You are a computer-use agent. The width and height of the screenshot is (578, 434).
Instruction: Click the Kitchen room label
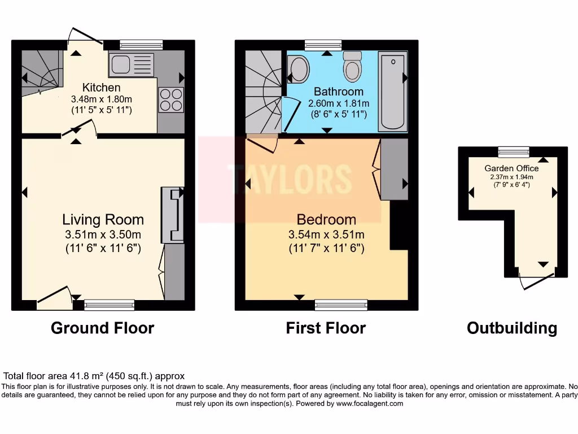tap(102, 88)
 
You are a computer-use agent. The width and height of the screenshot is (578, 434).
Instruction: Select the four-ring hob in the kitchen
tap(171, 100)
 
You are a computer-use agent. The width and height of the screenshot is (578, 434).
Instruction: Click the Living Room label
tap(103, 220)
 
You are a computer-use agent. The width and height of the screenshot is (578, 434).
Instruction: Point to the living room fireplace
tap(172, 215)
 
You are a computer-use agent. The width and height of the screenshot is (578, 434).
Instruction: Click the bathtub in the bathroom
tap(392, 92)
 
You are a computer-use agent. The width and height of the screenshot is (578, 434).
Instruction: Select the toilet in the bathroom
tap(353, 67)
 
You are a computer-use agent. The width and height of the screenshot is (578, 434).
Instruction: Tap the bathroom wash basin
tap(298, 70)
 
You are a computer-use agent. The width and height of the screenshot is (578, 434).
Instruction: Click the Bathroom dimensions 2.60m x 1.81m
tap(339, 104)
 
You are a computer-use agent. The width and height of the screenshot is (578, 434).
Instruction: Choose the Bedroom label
tap(326, 220)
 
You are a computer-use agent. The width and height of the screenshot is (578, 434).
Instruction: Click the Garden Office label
tap(511, 168)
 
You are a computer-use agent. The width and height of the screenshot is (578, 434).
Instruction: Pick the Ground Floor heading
tap(102, 328)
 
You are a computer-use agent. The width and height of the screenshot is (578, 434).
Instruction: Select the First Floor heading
tap(326, 328)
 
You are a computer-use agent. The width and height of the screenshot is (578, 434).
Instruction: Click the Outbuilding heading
tap(511, 328)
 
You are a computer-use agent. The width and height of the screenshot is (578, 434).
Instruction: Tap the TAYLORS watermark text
tap(290, 178)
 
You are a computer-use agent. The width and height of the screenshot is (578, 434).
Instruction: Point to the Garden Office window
tap(513, 151)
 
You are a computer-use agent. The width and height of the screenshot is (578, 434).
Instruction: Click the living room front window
tap(109, 305)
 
